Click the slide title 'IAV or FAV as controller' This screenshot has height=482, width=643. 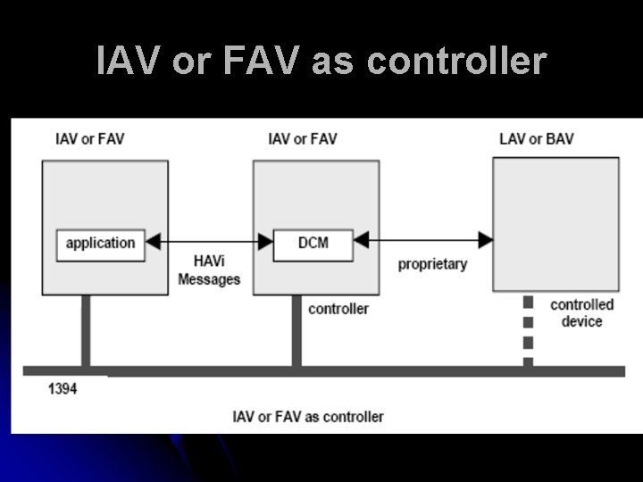point(321,61)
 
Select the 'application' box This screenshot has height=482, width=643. point(100,244)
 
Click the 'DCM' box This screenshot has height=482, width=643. point(313,243)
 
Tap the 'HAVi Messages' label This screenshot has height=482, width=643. point(209,270)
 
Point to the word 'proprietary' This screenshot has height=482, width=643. point(432,264)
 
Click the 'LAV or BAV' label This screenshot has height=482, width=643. point(536,139)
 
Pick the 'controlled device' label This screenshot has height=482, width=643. point(581,312)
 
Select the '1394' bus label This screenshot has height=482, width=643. point(62,389)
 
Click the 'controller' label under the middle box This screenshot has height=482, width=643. point(338,309)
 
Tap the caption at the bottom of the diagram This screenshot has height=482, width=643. point(308,416)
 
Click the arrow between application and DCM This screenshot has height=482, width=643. point(209,241)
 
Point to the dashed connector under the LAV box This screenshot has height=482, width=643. point(528,330)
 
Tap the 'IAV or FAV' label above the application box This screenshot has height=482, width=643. point(89,139)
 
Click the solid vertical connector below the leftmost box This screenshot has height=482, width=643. point(86,330)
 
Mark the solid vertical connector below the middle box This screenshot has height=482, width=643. point(296,330)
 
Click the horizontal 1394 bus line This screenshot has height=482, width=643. point(357,370)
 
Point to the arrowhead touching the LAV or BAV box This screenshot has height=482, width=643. point(486,240)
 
